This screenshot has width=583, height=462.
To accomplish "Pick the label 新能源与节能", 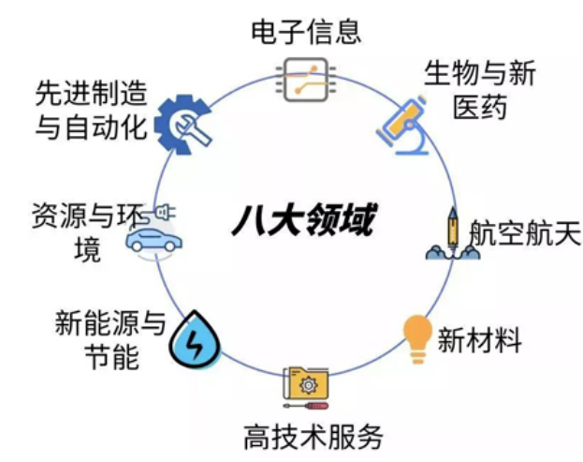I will click(109, 339).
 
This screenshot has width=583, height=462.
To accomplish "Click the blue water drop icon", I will click(194, 339).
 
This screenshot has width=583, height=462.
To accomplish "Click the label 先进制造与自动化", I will click(91, 109).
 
